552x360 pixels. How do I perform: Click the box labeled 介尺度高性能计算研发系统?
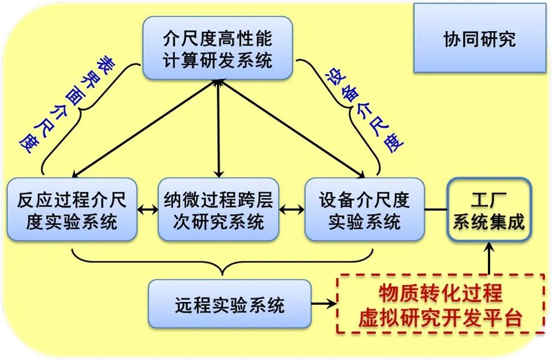coord(218,47)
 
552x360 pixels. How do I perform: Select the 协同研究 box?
coord(479,40)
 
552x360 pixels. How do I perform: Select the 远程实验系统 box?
coord(230,304)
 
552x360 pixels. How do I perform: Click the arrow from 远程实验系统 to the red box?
coord(324,304)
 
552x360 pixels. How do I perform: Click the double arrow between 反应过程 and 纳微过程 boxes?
coord(147,210)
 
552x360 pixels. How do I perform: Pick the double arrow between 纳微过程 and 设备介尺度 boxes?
coord(292,210)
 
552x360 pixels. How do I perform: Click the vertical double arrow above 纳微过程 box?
coord(218,129)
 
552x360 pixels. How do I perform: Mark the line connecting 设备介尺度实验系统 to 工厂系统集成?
coord(436,210)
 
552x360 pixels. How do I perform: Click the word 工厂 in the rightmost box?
coord(488,198)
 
